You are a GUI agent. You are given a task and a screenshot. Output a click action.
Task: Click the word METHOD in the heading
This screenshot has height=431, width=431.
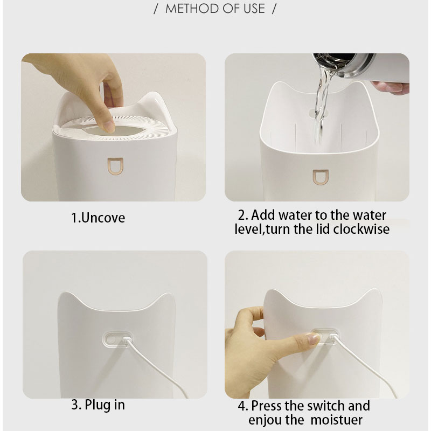(x=190, y=9)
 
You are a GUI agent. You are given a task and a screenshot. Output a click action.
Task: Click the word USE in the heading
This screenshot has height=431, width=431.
(x=252, y=9)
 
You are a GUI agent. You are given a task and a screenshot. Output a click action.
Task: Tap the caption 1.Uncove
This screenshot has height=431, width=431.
(x=98, y=218)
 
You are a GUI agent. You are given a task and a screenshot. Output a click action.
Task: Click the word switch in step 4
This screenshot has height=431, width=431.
(x=323, y=406)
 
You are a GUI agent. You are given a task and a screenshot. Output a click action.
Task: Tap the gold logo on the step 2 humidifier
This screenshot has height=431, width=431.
(x=319, y=176)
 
